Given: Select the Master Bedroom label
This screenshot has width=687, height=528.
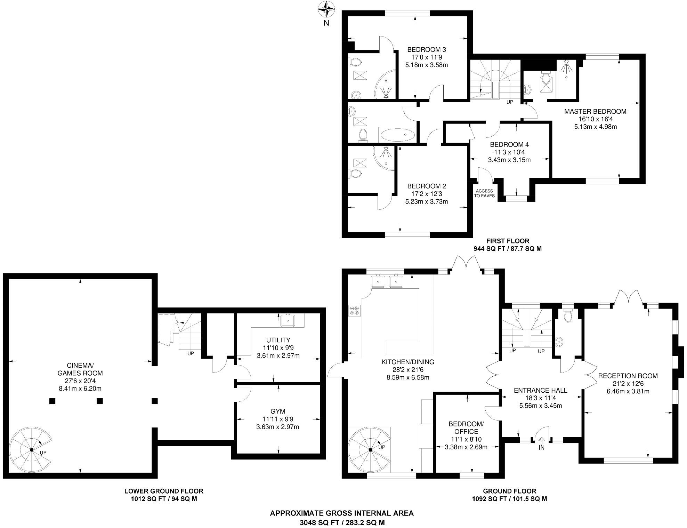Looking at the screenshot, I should tap(595, 112).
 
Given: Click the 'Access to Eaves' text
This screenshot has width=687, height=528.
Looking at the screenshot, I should tap(484, 193).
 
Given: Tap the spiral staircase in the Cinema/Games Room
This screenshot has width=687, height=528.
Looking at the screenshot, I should tap(31, 450).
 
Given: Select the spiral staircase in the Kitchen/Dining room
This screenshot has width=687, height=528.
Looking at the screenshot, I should tap(370, 449).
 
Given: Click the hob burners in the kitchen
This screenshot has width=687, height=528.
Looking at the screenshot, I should tap(355, 311).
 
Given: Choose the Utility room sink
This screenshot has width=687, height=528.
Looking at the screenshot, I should tap(288, 320).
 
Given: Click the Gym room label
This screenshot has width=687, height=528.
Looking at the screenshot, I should tap(277, 411).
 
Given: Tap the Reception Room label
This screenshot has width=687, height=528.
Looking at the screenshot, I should tap(628, 376).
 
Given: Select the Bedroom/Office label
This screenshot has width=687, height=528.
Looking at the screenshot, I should tap(466, 427).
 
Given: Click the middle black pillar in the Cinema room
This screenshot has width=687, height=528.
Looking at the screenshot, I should tap(100, 401).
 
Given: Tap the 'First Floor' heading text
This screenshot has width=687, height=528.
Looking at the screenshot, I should tap(507, 241).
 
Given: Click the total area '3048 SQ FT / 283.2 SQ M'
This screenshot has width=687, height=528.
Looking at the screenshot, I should tap(342, 522).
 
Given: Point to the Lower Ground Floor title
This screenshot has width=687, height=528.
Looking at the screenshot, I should tap(164, 491).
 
